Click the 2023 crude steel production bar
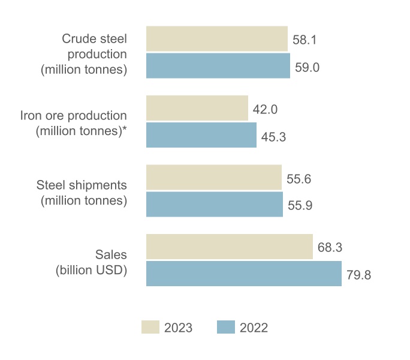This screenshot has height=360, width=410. pos(217,38)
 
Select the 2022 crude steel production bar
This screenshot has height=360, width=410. pos(218,65)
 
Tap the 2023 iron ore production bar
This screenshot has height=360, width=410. pos(197,108)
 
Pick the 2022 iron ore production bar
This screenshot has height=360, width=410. pos(201,135)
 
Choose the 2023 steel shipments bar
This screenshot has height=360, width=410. pos(214,177)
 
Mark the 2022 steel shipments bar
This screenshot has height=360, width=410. pos(215,204)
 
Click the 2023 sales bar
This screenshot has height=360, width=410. pos(230,247)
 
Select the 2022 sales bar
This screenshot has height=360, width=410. pos(244,274)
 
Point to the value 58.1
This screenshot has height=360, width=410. pos(305,41)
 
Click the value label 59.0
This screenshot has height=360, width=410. pos(307,67)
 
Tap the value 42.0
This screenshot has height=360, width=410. pos(266,110)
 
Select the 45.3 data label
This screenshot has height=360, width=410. pos(274,137)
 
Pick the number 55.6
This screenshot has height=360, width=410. pos(299,179)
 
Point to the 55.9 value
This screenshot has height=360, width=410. pos(300,206)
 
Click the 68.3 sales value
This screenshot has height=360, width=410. pos(330,248)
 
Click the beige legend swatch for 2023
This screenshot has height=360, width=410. pos(150,327)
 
